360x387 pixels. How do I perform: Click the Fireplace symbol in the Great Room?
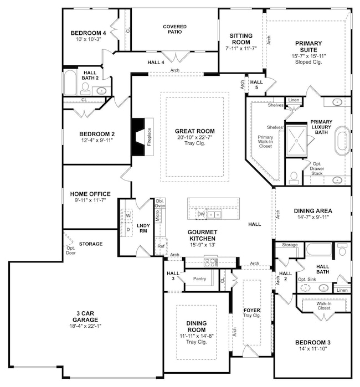coord(141,137)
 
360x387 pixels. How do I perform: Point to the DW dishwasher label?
coord(201,214)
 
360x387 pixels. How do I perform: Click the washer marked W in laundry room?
coord(127,215)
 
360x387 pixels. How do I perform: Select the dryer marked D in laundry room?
coord(127,228)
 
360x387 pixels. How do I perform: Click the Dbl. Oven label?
coord(160,203)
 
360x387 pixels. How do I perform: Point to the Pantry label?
coord(199,278)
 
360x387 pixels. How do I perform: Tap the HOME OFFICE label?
coord(90,194)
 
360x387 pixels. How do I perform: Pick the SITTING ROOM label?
coord(241,39)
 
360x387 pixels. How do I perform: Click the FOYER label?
coord(252,309)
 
